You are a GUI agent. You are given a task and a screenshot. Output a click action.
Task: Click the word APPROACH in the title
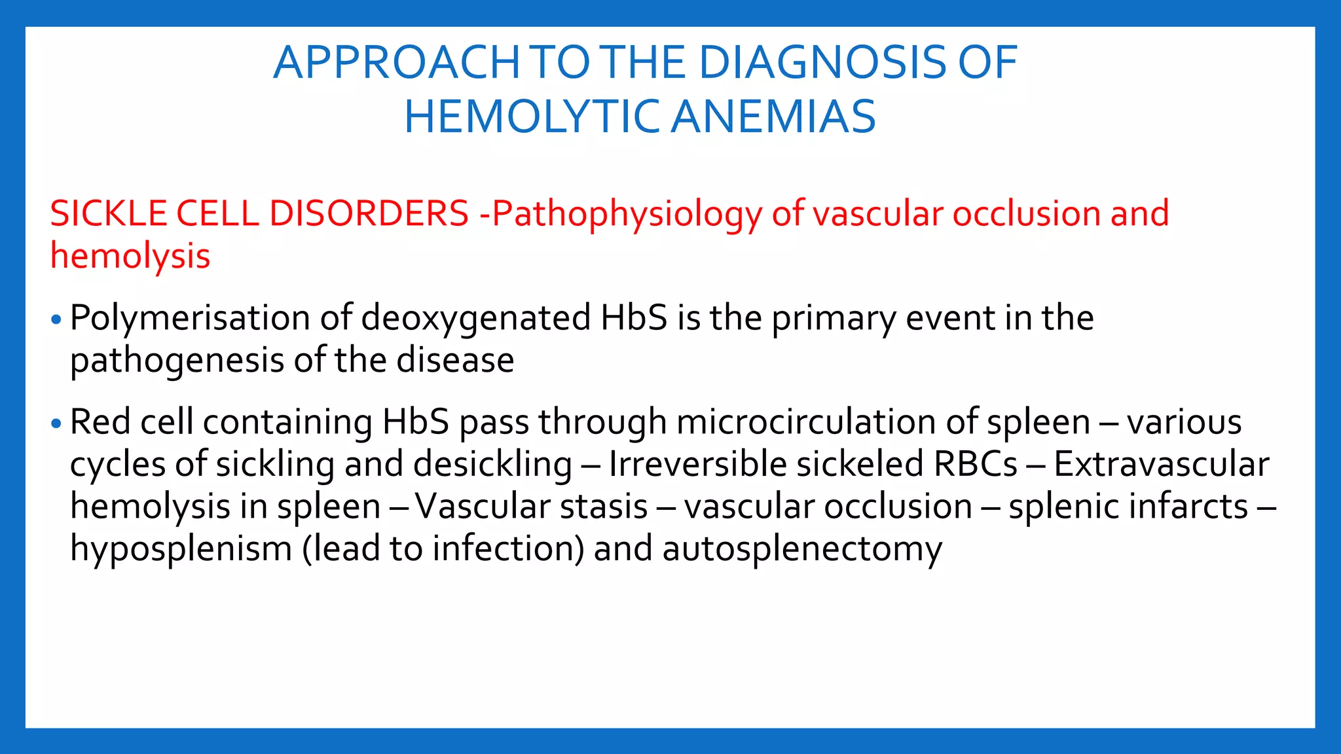(x=397, y=63)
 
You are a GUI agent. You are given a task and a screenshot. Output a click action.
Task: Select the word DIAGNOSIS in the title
(x=822, y=63)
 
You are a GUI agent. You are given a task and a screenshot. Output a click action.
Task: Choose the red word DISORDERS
(x=369, y=213)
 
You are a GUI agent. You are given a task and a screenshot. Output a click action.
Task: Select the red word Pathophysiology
(x=627, y=215)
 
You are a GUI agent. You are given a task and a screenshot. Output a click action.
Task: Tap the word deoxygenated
(x=476, y=319)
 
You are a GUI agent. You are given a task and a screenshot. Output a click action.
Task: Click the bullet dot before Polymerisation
(x=56, y=320)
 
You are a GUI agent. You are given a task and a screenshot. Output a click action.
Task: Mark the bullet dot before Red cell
(x=56, y=424)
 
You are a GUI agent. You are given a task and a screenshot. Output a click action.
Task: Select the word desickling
(x=492, y=465)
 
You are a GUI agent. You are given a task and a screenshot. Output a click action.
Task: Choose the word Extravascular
(x=1161, y=465)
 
